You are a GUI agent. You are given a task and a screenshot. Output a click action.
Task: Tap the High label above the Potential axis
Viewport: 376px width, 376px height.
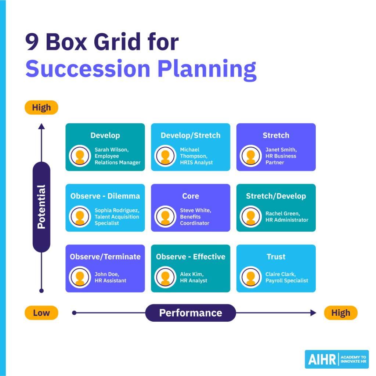coord(41,108)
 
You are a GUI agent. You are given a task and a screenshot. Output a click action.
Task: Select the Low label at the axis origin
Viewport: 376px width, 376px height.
coord(41,313)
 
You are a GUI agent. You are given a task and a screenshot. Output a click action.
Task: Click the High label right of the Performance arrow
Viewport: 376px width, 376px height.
coord(340,313)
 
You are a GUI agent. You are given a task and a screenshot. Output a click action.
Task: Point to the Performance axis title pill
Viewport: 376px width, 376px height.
coord(190,313)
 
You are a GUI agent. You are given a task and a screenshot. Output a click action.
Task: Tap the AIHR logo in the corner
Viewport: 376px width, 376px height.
coord(336,359)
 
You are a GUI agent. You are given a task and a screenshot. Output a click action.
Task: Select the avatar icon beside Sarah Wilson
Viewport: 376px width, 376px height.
coord(80,156)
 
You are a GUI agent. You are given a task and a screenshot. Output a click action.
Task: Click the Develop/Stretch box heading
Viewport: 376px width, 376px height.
coord(190,135)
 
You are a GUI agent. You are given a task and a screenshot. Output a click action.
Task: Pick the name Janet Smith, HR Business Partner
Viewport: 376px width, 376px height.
coord(281,156)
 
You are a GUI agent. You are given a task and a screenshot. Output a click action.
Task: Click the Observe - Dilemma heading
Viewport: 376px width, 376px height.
coord(105,196)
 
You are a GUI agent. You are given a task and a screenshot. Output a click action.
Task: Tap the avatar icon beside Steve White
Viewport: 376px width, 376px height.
coord(165,217)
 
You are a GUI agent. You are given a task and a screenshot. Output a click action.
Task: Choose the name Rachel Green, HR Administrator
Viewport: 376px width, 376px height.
coord(287,217)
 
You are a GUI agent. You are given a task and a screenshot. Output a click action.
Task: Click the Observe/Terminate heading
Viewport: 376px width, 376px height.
coord(105,257)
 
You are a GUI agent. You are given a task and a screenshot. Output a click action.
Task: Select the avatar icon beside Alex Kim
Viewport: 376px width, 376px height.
coord(165,277)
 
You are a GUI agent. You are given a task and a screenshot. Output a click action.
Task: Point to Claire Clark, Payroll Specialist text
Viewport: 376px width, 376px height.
coord(287,277)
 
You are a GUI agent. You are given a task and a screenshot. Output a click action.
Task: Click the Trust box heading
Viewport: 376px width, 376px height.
coord(276,257)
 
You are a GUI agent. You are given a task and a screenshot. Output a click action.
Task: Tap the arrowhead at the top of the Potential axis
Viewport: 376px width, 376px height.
coord(41,126)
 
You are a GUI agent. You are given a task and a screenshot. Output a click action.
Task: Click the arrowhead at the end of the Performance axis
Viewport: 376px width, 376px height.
coord(313,313)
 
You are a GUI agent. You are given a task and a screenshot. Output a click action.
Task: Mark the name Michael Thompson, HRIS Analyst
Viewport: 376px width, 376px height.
coord(196,156)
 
